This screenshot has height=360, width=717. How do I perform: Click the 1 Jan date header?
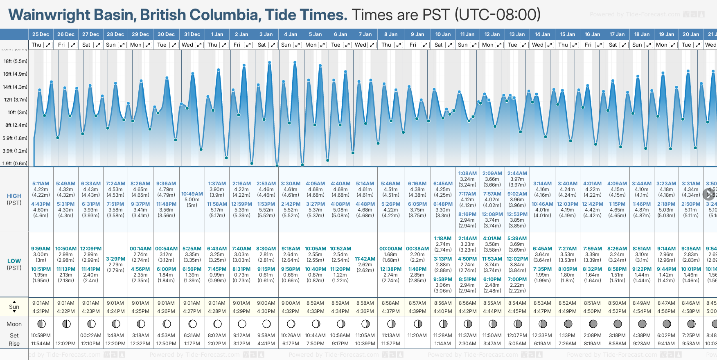tap(217, 34)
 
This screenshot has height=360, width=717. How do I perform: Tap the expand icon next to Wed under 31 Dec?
tap(199, 45)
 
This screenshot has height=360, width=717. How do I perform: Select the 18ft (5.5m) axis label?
tap(15, 61)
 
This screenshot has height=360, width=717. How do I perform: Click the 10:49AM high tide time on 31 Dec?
tap(192, 194)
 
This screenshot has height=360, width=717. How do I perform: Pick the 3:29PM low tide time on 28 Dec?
tap(115, 259)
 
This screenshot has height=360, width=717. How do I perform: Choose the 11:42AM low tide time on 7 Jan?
tap(365, 259)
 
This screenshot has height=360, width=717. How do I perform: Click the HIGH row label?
tap(14, 196)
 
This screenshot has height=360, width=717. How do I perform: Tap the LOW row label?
tap(14, 261)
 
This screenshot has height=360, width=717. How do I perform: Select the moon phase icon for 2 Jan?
tap(242, 324)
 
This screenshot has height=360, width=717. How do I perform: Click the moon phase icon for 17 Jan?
tap(617, 324)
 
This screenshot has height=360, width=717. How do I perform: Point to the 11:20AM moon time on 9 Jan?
tap(417, 335)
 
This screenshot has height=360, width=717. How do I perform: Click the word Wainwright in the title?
tap(50, 15)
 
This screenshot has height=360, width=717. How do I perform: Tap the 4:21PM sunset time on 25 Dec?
tap(41, 311)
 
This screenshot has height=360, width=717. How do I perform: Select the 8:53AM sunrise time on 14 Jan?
tap(542, 303)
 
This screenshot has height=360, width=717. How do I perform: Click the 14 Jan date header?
tap(542, 34)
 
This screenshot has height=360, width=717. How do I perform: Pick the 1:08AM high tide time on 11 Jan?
tap(467, 173)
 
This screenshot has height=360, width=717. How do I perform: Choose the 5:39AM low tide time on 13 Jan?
tap(517, 239)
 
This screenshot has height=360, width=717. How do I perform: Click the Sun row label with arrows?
tap(14, 307)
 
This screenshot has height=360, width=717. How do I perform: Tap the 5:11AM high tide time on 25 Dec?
tap(41, 184)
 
